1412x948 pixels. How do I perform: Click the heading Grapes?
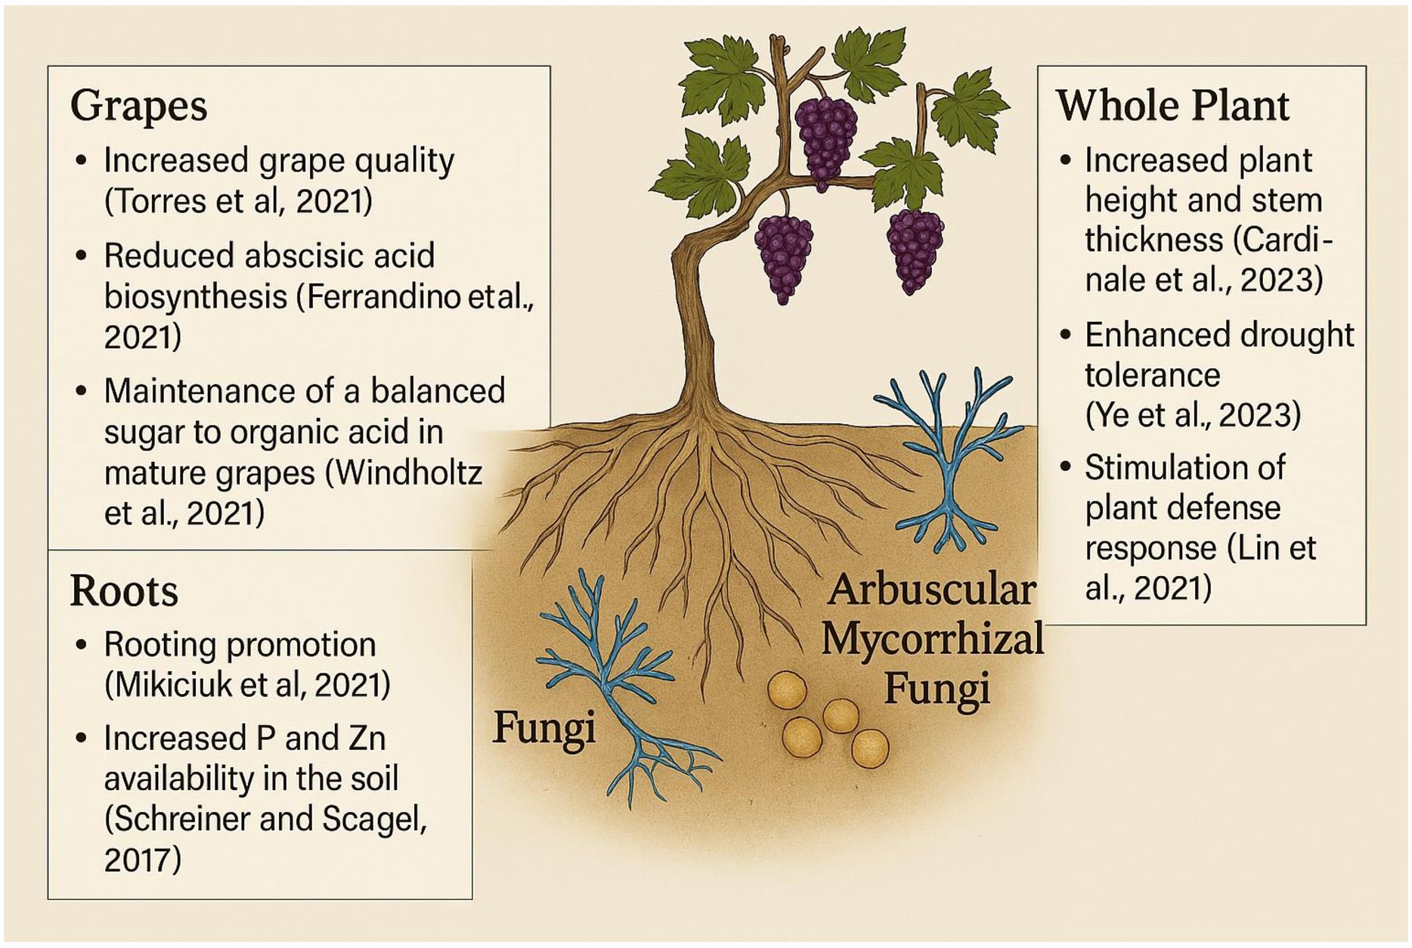click(138, 106)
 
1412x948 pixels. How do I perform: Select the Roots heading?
click(124, 590)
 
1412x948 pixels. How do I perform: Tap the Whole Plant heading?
click(1172, 105)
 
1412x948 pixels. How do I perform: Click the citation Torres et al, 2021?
click(238, 201)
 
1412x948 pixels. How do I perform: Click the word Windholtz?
click(409, 473)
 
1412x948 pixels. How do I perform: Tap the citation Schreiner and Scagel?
click(265, 819)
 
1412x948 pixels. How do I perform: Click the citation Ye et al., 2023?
click(1193, 415)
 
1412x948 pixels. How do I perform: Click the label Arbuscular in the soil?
click(931, 590)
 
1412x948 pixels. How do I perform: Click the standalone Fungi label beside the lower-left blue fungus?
click(544, 727)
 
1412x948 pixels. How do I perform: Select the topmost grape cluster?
click(825, 140)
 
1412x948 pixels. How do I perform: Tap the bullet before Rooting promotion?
click(82, 645)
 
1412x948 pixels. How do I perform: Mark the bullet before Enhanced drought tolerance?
click(1066, 335)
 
